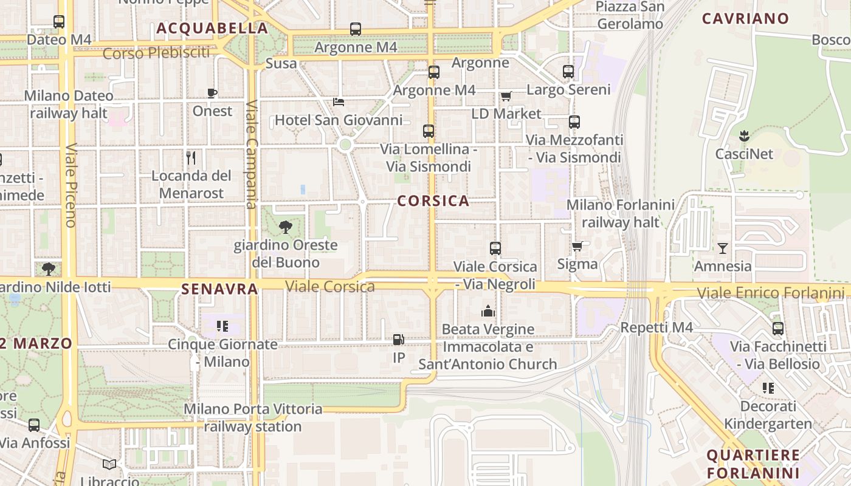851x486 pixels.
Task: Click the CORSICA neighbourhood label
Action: click(x=433, y=201)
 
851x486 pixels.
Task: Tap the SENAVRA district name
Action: click(x=219, y=289)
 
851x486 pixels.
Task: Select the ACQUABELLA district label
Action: click(x=212, y=29)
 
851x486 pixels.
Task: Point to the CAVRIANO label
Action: click(x=745, y=19)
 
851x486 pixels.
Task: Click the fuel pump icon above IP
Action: click(x=399, y=340)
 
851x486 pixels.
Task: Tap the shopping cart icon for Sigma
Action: click(x=577, y=246)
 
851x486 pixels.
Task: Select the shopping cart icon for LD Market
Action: click(x=506, y=96)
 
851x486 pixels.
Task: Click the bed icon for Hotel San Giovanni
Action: click(x=339, y=101)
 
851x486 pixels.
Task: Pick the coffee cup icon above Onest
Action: click(x=212, y=93)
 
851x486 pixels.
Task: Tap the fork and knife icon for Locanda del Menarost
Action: click(x=191, y=158)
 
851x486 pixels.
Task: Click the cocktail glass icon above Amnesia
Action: click(x=722, y=248)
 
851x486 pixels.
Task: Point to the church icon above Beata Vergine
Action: click(x=488, y=312)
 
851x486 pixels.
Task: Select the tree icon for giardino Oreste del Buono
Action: click(x=285, y=228)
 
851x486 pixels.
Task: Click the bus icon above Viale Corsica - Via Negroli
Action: click(x=495, y=248)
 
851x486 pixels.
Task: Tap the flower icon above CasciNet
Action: click(x=744, y=135)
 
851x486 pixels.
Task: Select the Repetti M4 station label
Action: click(x=656, y=327)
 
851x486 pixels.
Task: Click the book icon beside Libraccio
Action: click(x=109, y=465)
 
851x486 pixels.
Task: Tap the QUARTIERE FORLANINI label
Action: click(x=753, y=464)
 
